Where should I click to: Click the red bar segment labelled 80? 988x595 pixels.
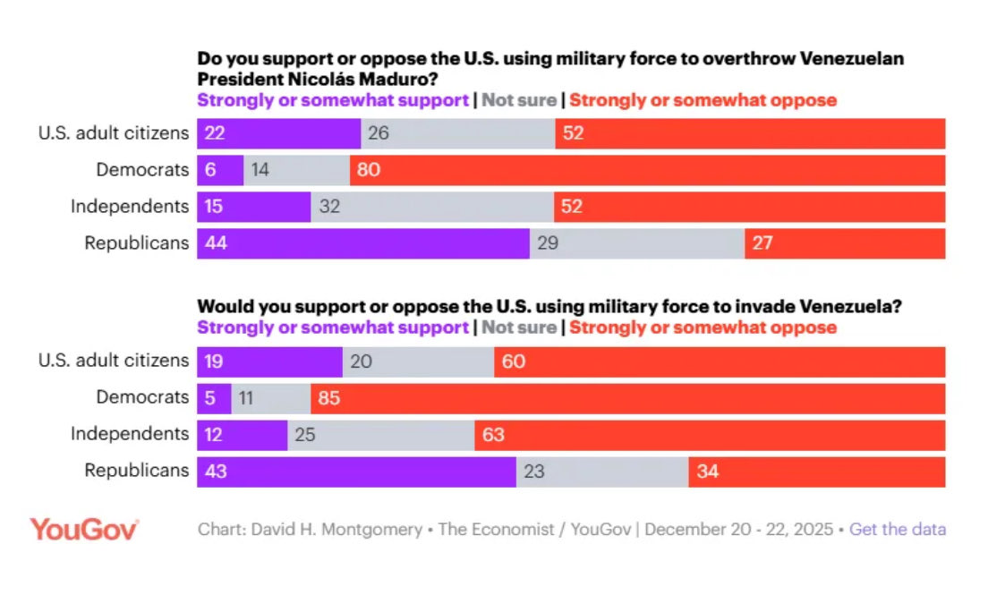[647, 170]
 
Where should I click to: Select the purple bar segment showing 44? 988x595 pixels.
[362, 242]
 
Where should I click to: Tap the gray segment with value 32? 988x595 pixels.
[432, 207]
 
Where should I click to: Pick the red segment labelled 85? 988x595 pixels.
[627, 397]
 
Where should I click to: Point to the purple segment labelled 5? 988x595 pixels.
[214, 397]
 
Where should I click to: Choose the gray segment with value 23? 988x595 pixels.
[602, 471]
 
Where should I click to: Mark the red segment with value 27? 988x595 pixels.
[845, 242]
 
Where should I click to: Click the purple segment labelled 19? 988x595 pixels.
[269, 361]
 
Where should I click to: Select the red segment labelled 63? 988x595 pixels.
[710, 434]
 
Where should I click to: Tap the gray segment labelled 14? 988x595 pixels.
[296, 170]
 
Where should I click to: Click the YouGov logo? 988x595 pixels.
[84, 529]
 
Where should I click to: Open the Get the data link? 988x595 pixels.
[897, 529]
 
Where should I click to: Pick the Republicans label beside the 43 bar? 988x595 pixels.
[136, 471]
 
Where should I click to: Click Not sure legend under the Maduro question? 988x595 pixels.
[519, 100]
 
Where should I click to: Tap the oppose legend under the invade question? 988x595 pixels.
[703, 327]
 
